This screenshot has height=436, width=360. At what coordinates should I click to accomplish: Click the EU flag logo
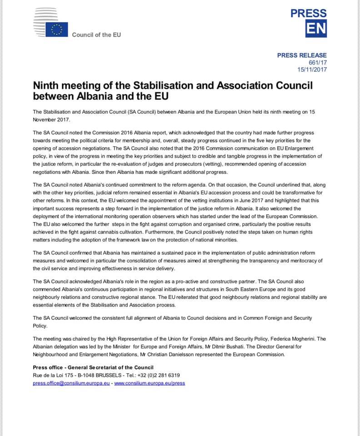[x=56, y=30]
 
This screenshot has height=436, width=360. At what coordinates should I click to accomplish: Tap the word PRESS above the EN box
[x=309, y=13]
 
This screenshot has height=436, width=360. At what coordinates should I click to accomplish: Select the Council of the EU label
[x=96, y=35]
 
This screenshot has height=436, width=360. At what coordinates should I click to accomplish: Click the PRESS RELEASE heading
[x=302, y=55]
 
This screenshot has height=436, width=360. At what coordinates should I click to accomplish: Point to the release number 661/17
[x=318, y=63]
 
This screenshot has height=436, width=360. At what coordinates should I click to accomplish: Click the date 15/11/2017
[x=312, y=69]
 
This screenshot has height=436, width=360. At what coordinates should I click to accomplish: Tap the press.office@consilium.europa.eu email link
[x=71, y=383]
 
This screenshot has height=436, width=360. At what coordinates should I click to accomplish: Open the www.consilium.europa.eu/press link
[x=150, y=383]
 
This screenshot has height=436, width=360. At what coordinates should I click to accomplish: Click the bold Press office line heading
[x=93, y=367]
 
